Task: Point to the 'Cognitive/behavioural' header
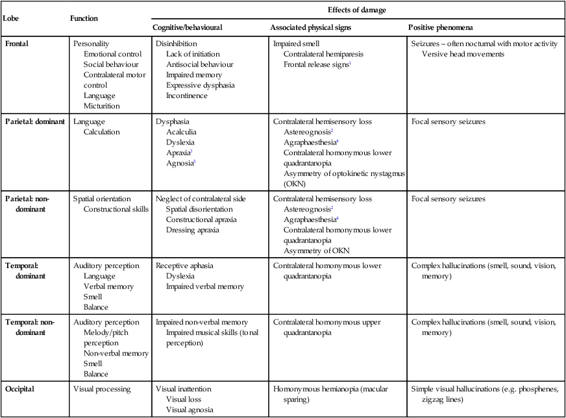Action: tap(188, 29)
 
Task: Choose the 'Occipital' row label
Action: tap(20, 389)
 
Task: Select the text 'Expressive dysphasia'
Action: tap(199, 85)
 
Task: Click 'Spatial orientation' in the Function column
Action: tap(102, 199)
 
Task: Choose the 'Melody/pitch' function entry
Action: tap(107, 333)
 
